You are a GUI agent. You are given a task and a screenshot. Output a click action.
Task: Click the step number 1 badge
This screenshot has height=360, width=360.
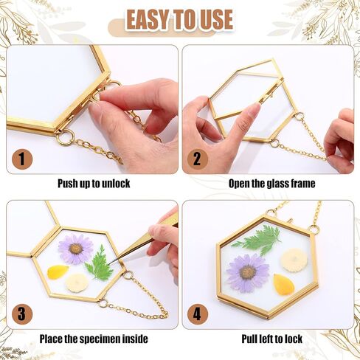click(22, 159)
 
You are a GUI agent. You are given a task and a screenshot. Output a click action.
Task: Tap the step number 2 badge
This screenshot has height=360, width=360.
click(198, 159)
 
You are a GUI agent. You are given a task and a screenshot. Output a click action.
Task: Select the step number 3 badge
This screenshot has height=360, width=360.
click(22, 314)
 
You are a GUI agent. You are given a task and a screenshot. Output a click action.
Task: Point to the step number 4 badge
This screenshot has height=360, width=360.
click(198, 314)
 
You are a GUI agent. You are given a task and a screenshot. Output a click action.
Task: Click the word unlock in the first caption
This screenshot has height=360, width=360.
click(116, 184)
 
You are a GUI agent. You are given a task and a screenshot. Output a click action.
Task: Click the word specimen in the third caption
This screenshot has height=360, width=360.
click(100, 339)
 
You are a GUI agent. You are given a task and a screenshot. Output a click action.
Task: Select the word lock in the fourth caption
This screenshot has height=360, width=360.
click(293, 339)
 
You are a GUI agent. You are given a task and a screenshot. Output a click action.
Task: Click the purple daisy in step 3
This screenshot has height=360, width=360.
click(75, 249)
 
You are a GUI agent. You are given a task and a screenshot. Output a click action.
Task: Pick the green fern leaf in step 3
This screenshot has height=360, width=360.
click(100, 263)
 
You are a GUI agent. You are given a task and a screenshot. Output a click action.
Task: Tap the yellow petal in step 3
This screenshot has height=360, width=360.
click(58, 272)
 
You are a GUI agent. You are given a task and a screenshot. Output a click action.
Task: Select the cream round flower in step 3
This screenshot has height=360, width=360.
click(77, 283)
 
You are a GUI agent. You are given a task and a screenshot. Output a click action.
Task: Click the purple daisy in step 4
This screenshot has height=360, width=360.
click(248, 273)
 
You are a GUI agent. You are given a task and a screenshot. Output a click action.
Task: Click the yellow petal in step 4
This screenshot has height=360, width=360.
click(284, 285)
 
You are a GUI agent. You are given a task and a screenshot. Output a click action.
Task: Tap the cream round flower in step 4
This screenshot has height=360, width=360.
click(294, 260)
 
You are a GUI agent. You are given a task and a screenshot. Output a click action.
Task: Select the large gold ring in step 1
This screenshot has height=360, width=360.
click(66, 137)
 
